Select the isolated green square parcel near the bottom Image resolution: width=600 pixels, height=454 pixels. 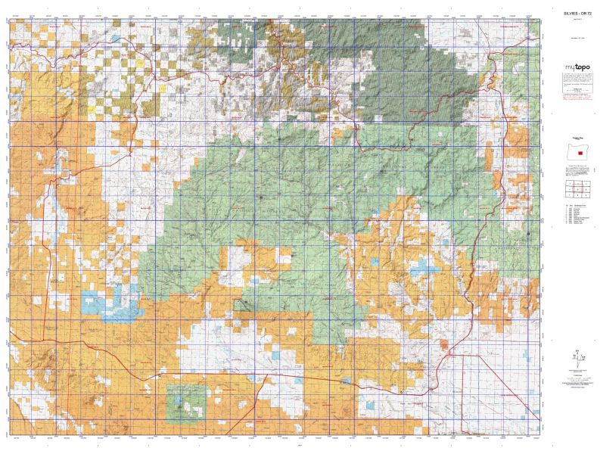(x=186, y=402)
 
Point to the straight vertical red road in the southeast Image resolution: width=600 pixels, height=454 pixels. (x=463, y=393)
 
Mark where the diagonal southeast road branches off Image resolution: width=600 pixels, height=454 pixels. (x=452, y=353)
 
